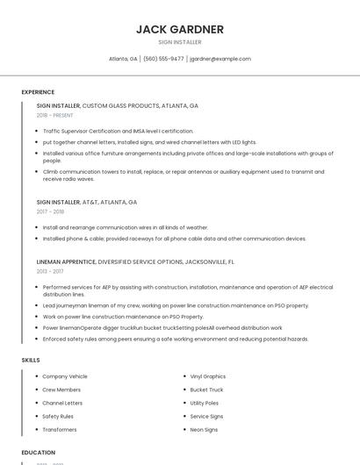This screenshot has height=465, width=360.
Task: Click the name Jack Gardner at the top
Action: point(180,29)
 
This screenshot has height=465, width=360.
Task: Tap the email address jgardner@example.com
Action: point(220,59)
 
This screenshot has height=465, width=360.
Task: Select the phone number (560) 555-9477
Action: point(163,59)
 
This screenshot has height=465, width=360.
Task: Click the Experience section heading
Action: point(38,92)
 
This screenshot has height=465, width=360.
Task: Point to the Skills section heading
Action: point(31,360)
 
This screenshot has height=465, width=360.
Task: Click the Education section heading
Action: point(39,453)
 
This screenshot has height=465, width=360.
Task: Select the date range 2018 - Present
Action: point(55,115)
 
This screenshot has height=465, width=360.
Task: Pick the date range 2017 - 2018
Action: point(50,211)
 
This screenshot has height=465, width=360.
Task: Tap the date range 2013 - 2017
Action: point(50,271)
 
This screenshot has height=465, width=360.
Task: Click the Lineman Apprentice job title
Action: point(66,261)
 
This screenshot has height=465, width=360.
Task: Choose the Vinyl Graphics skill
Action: point(208,376)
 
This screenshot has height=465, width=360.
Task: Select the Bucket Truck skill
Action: point(206,390)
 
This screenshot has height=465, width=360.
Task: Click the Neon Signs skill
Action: point(204,430)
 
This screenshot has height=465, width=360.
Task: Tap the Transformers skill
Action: point(60,430)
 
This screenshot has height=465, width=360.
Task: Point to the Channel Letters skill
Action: point(61,403)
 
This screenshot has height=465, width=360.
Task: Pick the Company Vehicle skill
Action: point(65,376)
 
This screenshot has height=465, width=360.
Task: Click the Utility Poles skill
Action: point(205,403)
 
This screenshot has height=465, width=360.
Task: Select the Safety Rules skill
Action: point(58,417)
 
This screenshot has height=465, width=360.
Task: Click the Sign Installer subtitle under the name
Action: point(180,42)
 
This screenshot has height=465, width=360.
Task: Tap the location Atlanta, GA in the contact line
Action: point(123,59)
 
